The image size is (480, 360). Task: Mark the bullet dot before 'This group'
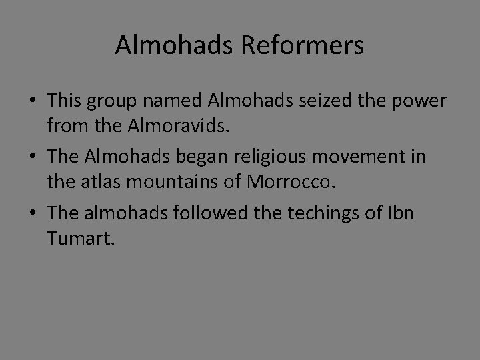point(32,101)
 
